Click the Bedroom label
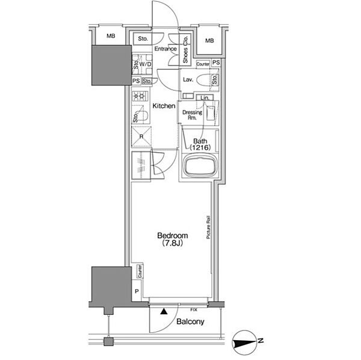pos(173,236)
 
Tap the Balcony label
pos(190,322)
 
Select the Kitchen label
pos(164,106)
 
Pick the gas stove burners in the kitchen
pos(141,96)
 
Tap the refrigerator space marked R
pos(141,136)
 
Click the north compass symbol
pos(246,343)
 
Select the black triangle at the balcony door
pos(164,311)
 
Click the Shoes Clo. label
pos(185,49)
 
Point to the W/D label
pos(145,64)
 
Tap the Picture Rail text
pos(208,227)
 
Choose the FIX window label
pos(194,310)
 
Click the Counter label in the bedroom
pos(140,271)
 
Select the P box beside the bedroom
pos(137,291)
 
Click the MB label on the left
pos(111,36)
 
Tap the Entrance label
pos(165,49)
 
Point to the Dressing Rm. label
pos(192,115)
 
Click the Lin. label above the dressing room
pos(205,98)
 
